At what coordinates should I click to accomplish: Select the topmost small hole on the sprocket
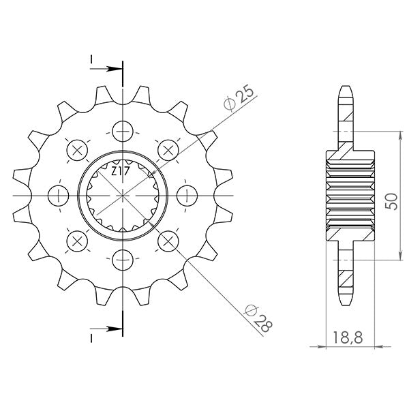(x=123, y=130)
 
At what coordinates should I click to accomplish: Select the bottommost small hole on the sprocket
(x=123, y=260)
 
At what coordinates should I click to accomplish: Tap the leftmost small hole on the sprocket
(x=59, y=195)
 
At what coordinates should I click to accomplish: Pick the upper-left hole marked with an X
(x=77, y=149)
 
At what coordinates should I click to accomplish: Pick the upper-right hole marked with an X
(x=168, y=149)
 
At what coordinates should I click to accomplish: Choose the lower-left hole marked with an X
(x=77, y=240)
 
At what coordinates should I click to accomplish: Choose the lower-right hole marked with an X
(x=168, y=240)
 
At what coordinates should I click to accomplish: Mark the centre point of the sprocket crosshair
(x=123, y=195)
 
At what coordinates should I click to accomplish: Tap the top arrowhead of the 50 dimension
(x=399, y=136)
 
